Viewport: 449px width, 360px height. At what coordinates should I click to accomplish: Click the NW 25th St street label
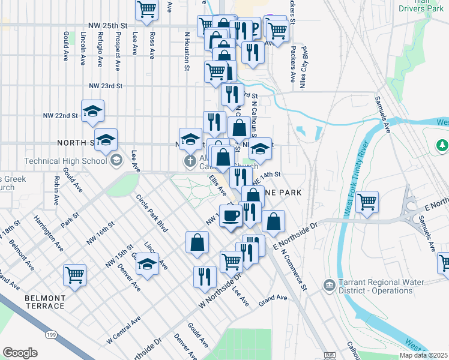[108, 26]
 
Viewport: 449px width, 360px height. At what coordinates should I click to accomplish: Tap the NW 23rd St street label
[106, 86]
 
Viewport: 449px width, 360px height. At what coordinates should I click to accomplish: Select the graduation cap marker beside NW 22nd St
[92, 112]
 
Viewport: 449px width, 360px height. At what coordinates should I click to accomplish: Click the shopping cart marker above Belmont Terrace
[75, 275]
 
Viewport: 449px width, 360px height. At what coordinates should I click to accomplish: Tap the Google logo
[20, 353]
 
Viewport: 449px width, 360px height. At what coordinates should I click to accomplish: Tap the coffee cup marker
[231, 215]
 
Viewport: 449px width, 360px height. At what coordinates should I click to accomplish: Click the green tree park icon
[442, 145]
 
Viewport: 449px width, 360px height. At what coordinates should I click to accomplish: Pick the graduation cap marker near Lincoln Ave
[147, 263]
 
